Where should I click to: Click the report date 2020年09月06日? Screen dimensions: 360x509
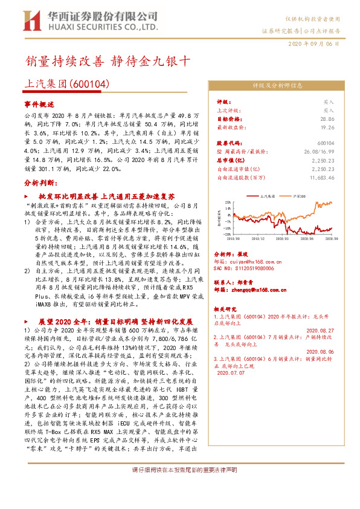pyautogui.click(x=321, y=44)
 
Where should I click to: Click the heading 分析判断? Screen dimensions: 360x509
pyautogui.click(x=39, y=181)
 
